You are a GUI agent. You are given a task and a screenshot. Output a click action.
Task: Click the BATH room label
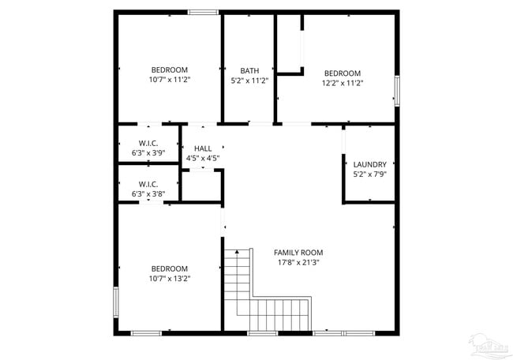[x=249, y=70]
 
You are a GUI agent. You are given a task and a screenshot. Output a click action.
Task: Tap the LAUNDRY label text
[x=369, y=164]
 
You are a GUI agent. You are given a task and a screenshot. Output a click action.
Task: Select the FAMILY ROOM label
[x=298, y=253]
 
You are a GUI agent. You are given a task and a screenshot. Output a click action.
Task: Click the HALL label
[x=203, y=148]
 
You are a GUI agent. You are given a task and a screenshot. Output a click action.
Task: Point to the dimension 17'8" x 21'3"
[x=298, y=263]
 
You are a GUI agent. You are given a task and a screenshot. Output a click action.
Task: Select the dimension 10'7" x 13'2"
[x=170, y=278]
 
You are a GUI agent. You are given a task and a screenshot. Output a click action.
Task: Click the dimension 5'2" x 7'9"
[x=369, y=174]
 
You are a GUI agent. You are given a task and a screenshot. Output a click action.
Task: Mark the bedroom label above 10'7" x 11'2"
[x=170, y=69]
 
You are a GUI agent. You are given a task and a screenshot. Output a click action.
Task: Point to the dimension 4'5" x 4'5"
[x=203, y=158]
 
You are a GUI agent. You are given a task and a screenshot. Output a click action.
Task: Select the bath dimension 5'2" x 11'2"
[x=249, y=81]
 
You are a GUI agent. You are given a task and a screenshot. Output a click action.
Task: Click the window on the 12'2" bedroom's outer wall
[x=397, y=90]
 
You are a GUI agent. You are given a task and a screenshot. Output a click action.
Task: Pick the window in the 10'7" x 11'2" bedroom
[x=204, y=11]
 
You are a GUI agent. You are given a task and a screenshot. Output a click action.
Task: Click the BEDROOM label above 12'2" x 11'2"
[x=342, y=73]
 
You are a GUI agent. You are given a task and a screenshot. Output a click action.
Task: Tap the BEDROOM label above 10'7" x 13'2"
[x=170, y=268]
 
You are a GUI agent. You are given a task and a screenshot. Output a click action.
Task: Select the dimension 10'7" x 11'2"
[x=170, y=80]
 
